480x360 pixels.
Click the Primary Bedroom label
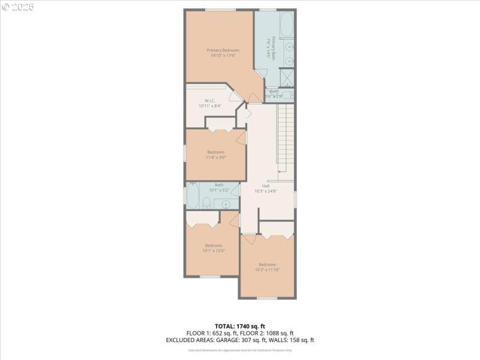point(223,50)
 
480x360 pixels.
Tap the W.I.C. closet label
point(209,100)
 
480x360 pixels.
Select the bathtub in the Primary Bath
point(285,24)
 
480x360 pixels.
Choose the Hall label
point(266,186)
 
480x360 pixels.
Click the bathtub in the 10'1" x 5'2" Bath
point(193,195)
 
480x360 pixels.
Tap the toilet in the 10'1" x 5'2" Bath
point(206,202)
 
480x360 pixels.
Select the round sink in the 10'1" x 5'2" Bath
point(227,204)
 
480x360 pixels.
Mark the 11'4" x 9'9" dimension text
point(215,158)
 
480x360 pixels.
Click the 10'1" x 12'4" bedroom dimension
point(214,250)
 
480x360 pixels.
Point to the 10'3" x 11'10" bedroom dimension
point(267,270)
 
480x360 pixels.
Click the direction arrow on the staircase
point(282,172)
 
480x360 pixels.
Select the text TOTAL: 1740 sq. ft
point(240,326)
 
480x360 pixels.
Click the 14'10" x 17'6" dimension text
point(223,55)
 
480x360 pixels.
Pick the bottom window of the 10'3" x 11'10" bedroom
point(266,298)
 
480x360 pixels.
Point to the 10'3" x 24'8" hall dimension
point(266,191)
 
